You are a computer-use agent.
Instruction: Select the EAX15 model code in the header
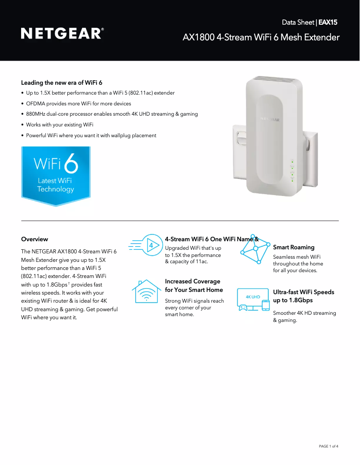pyautogui.click(x=328, y=22)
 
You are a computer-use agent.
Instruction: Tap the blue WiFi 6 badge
pyautogui.click(x=56, y=175)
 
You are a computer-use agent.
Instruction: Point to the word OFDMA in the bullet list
pyautogui.click(x=36, y=104)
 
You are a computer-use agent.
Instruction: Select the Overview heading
pyautogui.click(x=35, y=239)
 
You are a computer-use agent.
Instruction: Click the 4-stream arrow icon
pyautogui.click(x=145, y=245)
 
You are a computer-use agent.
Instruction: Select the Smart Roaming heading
pyautogui.click(x=294, y=247)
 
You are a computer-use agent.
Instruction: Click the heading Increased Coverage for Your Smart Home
pyautogui.click(x=193, y=286)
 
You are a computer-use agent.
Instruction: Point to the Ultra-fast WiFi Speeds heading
pyautogui.click(x=303, y=296)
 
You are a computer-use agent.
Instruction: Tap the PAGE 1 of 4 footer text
pyautogui.click(x=328, y=446)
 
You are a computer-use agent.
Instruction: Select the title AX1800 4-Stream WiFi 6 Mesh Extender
pyautogui.click(x=261, y=37)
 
